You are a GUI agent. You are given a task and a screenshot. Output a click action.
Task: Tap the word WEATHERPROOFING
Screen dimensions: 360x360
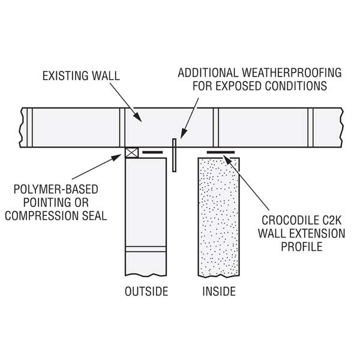coord(292,73)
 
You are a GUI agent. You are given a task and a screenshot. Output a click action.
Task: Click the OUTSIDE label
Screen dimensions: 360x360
coord(146,292)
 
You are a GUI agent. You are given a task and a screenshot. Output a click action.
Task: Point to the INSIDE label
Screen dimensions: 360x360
coord(219,292)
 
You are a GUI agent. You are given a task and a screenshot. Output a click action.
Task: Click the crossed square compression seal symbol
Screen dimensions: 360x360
coord(132,152)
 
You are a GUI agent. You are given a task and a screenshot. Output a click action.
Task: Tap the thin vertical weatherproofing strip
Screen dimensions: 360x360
coord(174,155)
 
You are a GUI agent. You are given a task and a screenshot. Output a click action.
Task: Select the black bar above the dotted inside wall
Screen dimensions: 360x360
coord(221,152)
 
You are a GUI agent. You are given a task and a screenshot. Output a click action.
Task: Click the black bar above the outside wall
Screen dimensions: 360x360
coord(152,152)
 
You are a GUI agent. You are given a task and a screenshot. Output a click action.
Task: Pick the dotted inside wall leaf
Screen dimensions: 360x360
coord(219,217)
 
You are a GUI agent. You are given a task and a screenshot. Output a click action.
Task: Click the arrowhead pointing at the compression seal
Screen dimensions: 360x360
coord(116,157)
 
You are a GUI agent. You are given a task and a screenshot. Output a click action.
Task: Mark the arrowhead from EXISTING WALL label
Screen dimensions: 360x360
coord(137,116)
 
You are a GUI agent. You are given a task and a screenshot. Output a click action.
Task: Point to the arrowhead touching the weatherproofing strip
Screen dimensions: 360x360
coord(183,134)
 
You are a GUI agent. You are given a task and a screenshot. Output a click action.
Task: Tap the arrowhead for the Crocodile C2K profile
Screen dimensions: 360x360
coord(227,160)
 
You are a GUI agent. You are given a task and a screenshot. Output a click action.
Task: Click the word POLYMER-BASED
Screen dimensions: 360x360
coord(56,190)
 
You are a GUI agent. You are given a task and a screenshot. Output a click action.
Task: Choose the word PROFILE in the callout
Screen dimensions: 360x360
coord(302,247)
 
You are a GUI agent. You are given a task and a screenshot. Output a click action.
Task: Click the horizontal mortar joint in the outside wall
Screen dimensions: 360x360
coord(146,249)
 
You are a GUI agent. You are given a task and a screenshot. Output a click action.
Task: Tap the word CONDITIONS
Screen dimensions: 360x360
coord(296,86)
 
